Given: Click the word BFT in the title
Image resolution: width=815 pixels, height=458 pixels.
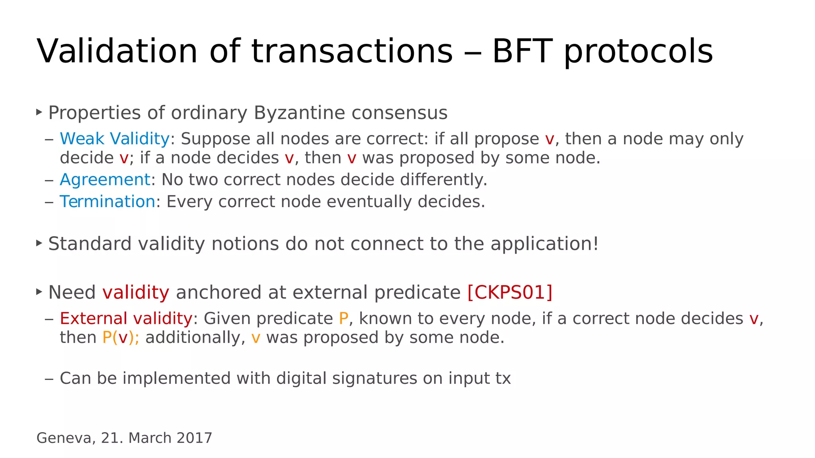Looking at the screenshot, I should [523, 51].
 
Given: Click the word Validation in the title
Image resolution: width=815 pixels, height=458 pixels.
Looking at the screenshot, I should [117, 51].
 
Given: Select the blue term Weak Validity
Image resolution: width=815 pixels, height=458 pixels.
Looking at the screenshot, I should [115, 139].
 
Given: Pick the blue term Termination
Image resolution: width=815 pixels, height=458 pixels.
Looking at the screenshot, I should [107, 202].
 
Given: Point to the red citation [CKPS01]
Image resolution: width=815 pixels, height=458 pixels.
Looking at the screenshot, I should [510, 292].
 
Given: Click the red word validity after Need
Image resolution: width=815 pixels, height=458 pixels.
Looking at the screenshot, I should [136, 292].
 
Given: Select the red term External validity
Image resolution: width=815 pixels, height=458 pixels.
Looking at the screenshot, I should [126, 319].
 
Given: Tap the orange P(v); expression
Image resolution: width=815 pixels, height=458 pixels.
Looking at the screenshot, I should [121, 338].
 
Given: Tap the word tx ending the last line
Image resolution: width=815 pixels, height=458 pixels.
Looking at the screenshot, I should [503, 378].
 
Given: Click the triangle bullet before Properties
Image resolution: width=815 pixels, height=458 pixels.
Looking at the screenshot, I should [39, 112].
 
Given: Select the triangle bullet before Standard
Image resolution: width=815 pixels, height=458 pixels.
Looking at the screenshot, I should [39, 243].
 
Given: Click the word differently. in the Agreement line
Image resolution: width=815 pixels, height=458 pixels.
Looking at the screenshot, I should [443, 180].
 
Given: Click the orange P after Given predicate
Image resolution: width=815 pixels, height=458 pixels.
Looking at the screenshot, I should [343, 319].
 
